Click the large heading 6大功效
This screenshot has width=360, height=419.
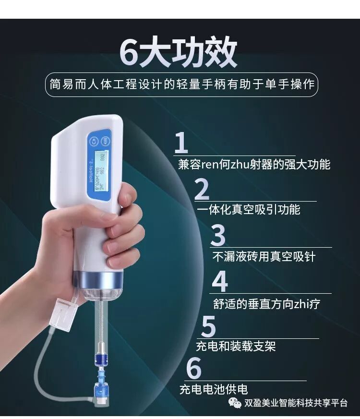click(x=179, y=52)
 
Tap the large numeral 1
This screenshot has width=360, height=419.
click(x=181, y=143)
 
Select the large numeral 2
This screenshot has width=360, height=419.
click(x=202, y=189)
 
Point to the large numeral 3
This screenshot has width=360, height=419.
click(x=218, y=236)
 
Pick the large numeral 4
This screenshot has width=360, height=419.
click(x=219, y=282)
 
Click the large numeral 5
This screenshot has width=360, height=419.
click(x=208, y=326)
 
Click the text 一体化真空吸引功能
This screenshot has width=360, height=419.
click(x=248, y=210)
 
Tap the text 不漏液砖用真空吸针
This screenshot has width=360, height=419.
click(x=264, y=256)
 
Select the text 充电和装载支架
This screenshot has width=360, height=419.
click(x=236, y=346)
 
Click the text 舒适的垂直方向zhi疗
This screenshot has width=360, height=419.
click(x=266, y=304)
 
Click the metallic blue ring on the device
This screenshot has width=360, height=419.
click(x=99, y=278)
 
